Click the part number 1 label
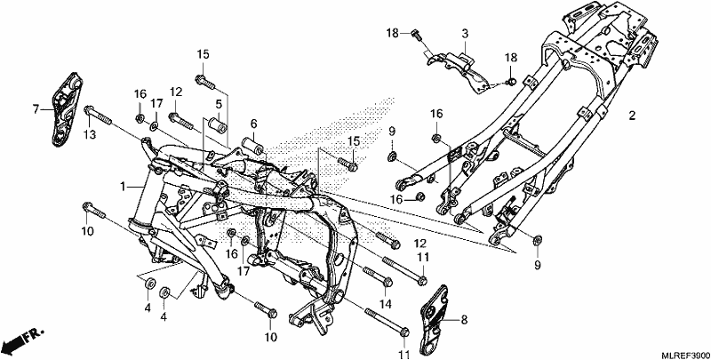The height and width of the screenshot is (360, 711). [x=123, y=187]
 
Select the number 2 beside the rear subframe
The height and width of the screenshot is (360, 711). [x=632, y=116]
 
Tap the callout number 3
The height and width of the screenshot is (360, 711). [x=465, y=34]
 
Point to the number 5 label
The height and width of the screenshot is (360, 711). [x=219, y=104]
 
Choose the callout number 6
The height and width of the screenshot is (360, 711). [x=253, y=124]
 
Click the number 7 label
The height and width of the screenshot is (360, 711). [x=36, y=109]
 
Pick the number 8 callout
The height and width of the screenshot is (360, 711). [x=463, y=320]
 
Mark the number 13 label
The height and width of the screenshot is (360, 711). [x=91, y=134]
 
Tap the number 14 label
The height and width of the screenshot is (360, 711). [x=385, y=303]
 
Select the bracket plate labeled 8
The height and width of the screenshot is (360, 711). [x=435, y=320]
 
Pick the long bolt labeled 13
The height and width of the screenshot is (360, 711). [x=97, y=116]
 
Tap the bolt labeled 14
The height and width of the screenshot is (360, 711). [x=377, y=276]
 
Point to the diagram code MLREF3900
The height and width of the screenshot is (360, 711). [x=685, y=354]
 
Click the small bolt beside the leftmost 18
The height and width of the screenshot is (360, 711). [x=417, y=35]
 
